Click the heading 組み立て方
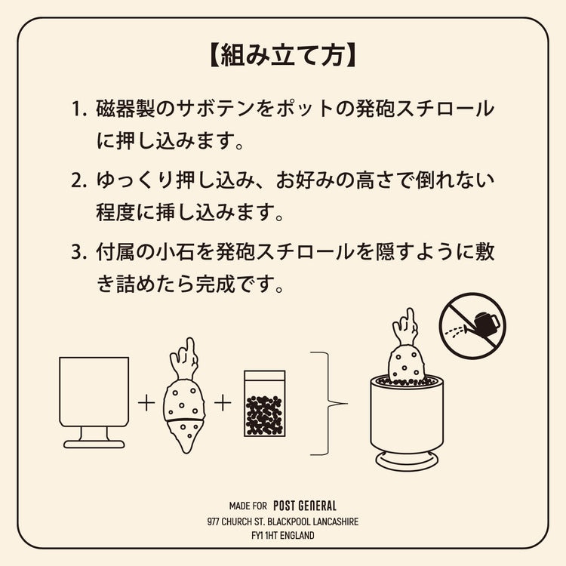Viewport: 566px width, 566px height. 283,56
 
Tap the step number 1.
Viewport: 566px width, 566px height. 78,108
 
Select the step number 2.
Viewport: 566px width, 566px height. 78,180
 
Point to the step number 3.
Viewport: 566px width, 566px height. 78,251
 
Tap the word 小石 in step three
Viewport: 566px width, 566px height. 176,251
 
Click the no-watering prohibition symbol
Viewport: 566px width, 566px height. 472,326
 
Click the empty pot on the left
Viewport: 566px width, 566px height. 94,402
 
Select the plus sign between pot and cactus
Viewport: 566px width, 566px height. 146,403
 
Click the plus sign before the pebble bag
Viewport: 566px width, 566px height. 223,403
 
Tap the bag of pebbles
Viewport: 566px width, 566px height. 265,404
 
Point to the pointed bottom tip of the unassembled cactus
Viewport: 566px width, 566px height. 185,451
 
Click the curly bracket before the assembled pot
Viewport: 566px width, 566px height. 328,403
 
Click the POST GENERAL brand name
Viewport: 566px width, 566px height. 305,506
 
